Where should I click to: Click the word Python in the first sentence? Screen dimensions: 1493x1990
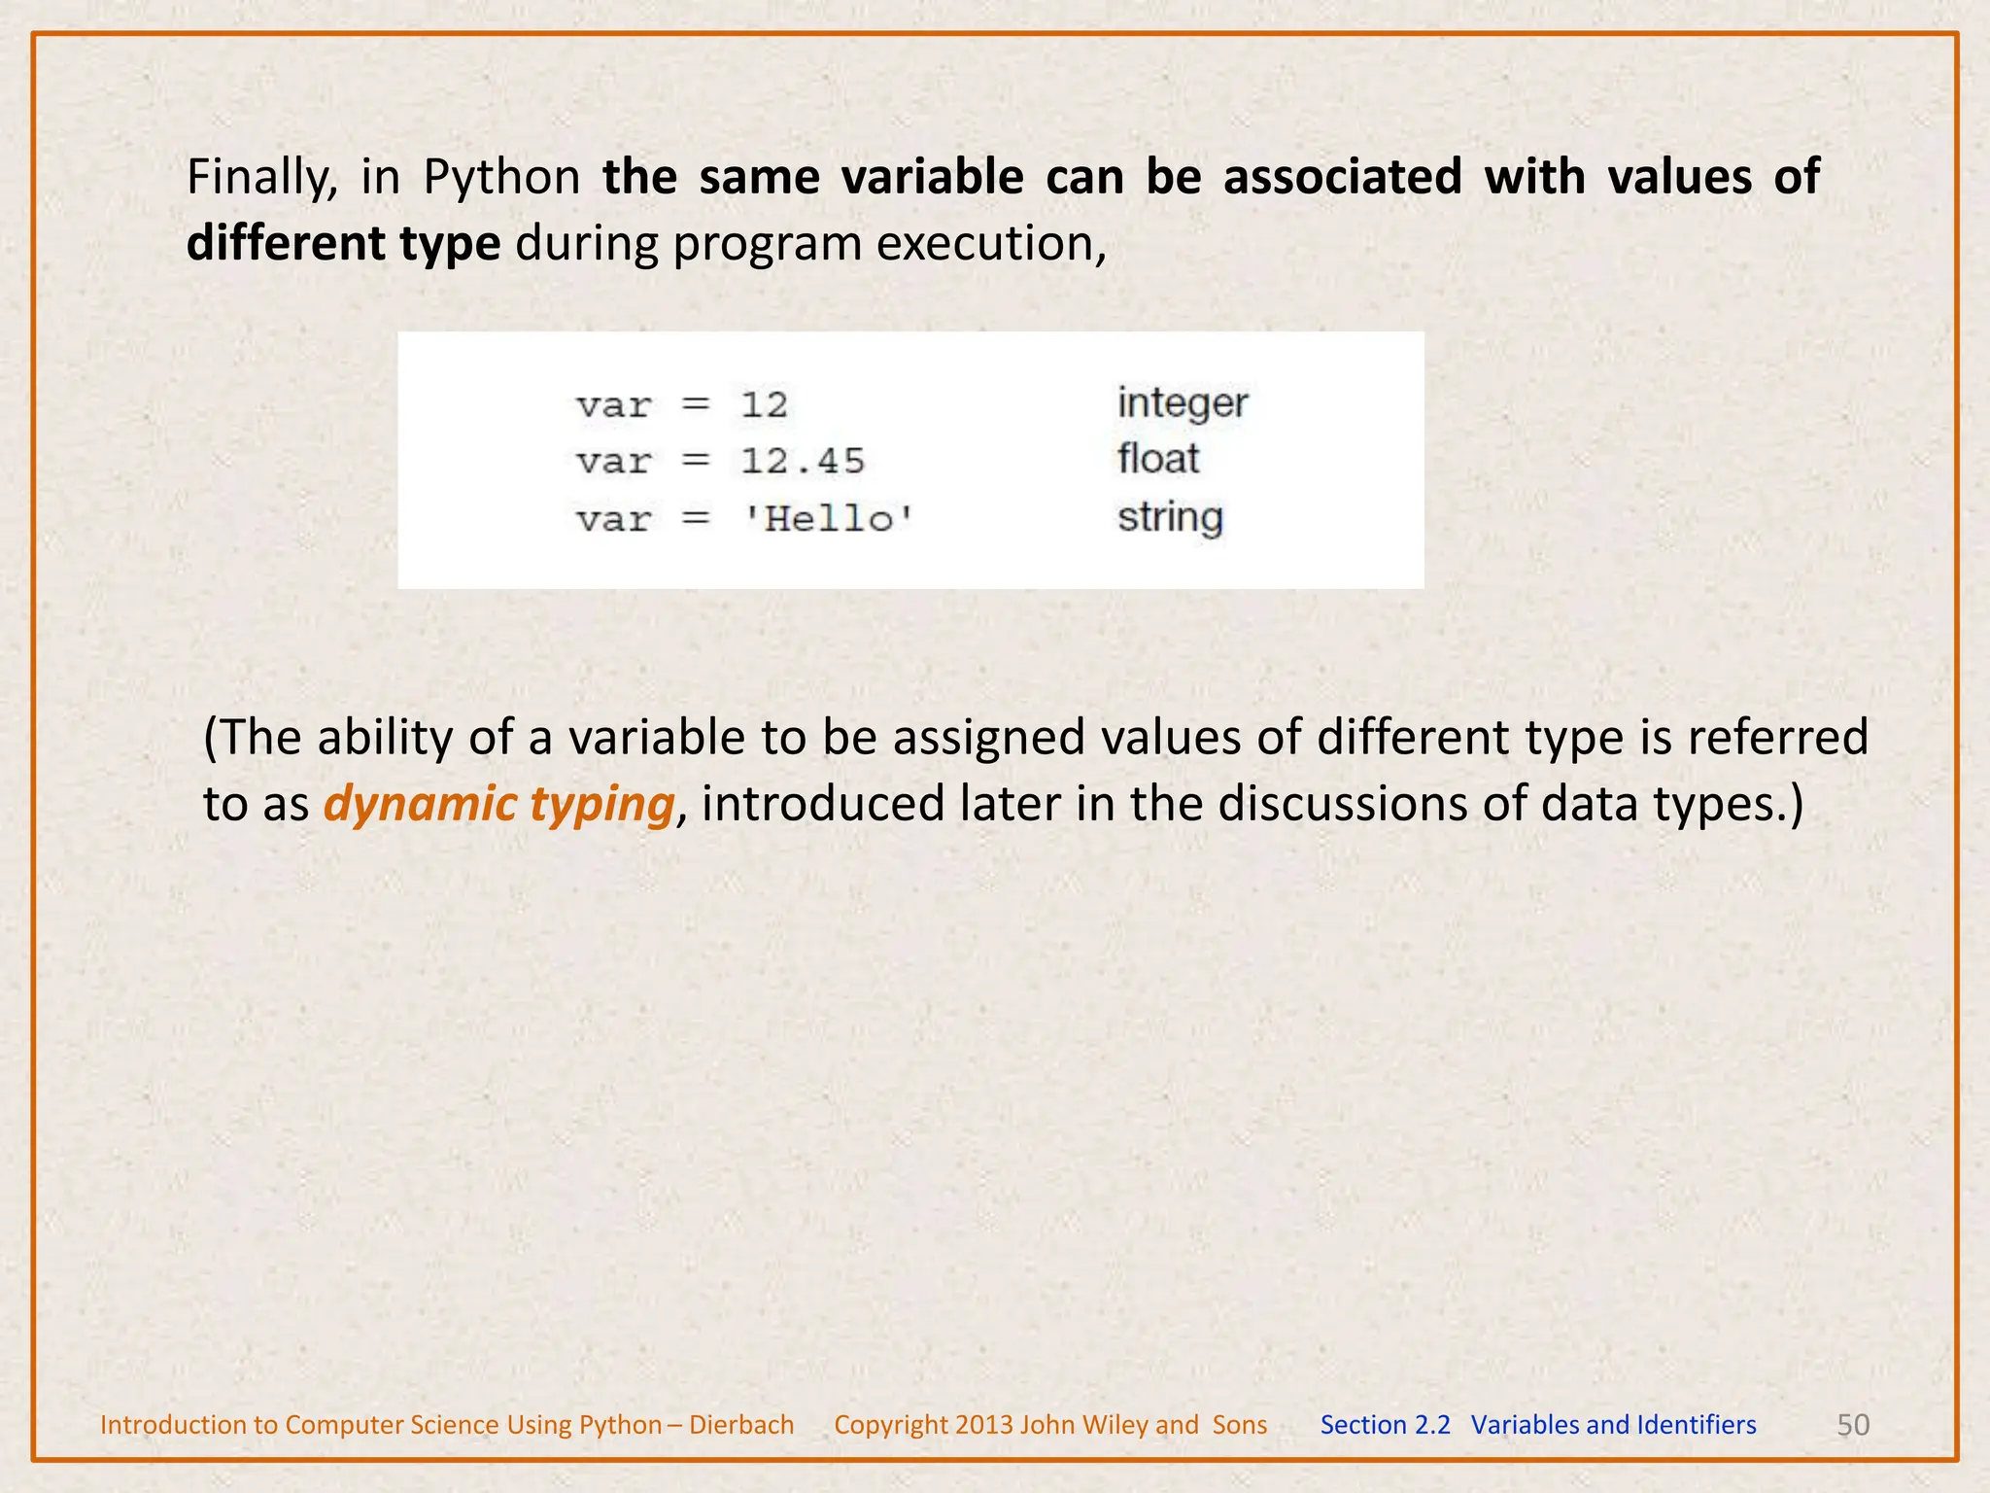(x=501, y=178)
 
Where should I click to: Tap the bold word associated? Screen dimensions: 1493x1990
(x=1342, y=178)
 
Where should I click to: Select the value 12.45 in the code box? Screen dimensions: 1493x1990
(x=803, y=461)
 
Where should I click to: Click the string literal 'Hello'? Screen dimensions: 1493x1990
(x=828, y=518)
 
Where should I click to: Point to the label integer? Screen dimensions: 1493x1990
(x=1182, y=403)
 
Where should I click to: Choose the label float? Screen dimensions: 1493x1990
(x=1158, y=459)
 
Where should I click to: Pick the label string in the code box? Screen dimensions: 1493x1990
(x=1170, y=517)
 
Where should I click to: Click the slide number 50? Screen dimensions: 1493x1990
(x=1853, y=1425)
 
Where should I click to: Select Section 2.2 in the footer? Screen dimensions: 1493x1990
(x=1385, y=1425)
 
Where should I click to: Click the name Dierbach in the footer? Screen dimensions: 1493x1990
(x=741, y=1425)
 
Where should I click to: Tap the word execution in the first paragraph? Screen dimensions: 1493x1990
(x=990, y=243)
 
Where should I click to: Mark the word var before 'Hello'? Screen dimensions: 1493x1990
(x=613, y=519)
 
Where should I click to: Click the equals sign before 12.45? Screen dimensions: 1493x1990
(x=696, y=461)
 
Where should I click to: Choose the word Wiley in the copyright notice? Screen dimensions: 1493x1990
(x=1114, y=1425)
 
